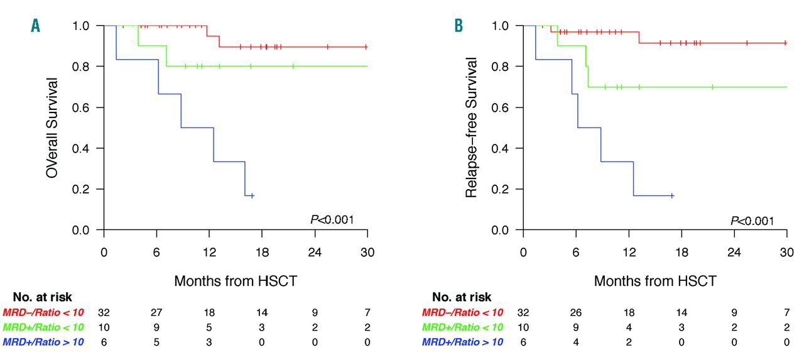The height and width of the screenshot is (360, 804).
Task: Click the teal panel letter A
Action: [x=36, y=25]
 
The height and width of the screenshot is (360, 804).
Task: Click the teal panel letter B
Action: [x=459, y=25]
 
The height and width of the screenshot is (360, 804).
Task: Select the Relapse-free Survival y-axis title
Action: [x=472, y=128]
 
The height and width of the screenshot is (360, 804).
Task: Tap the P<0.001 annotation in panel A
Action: [x=332, y=219]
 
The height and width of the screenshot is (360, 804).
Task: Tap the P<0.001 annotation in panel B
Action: [x=751, y=221]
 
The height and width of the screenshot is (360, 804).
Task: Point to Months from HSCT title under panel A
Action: [x=236, y=281]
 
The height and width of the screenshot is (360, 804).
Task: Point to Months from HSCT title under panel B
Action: [x=655, y=281]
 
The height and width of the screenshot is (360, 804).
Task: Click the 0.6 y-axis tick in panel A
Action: [x=89, y=107]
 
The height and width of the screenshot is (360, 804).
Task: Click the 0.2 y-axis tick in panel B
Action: [x=508, y=189]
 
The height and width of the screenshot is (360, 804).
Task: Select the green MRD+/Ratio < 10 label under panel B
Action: [x=462, y=327]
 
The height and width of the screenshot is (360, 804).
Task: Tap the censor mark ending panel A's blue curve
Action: [x=252, y=195]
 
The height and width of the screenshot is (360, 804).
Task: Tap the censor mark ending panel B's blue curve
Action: [x=672, y=195]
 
